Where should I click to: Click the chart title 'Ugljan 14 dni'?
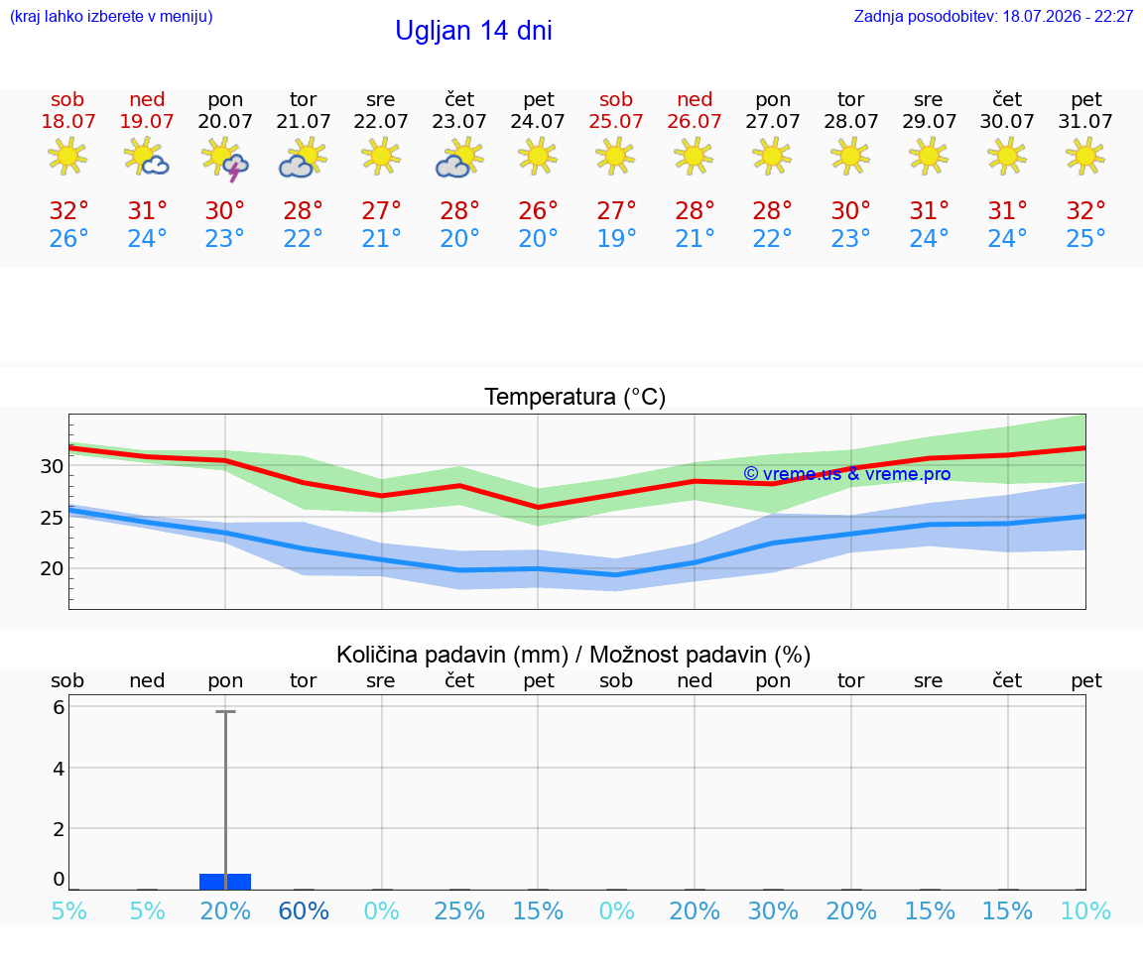474,31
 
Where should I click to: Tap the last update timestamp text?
993,16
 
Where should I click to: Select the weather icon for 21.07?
304,158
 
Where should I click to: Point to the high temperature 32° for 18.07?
68,210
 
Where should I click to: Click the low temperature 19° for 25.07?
617,238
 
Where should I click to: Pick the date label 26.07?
694,121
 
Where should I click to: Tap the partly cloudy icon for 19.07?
147,157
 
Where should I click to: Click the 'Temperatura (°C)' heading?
575,397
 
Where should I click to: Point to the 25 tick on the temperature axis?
52,518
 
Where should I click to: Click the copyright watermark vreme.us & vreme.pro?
847,474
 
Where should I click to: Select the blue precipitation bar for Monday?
225,881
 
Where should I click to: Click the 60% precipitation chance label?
304,910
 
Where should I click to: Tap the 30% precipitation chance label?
773,910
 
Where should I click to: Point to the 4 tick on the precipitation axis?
59,768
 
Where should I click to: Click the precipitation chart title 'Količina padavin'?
452,655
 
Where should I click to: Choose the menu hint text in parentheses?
111,16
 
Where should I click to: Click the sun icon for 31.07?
1085,157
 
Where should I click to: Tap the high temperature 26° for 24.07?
538,210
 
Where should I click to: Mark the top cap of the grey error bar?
225,711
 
